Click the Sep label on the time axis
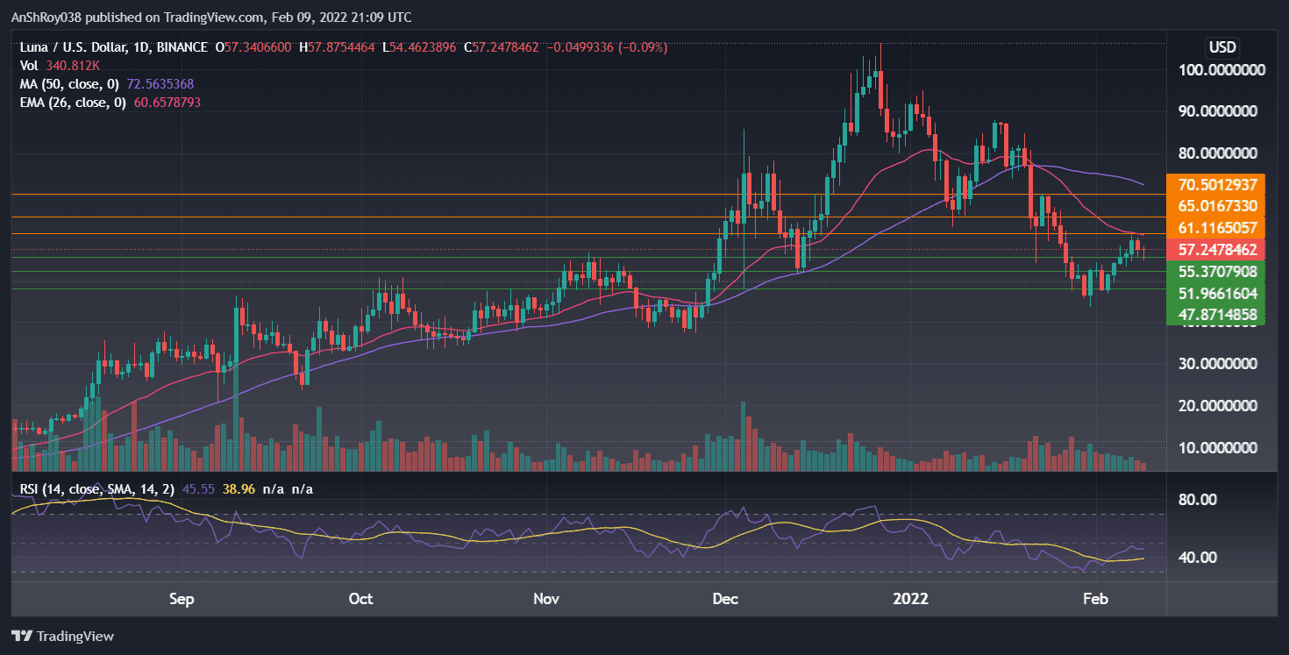click(181, 599)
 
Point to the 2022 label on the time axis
click(909, 599)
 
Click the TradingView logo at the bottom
click(63, 636)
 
